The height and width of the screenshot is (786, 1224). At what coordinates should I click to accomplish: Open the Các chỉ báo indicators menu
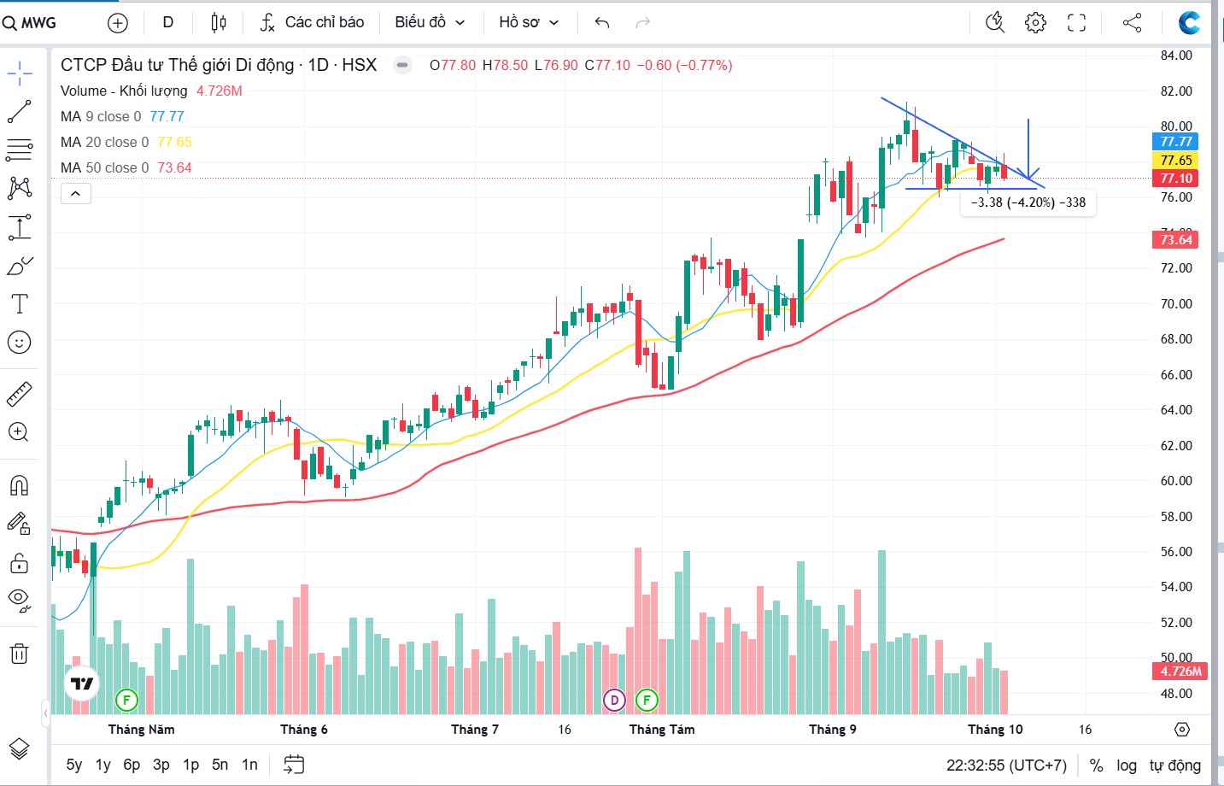pos(313,22)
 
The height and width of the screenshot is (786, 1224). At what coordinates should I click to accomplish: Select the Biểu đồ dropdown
pos(430,22)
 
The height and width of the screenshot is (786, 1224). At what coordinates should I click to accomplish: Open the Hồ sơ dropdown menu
pos(529,22)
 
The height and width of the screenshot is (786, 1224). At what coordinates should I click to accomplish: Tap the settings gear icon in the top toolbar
pos(1035,23)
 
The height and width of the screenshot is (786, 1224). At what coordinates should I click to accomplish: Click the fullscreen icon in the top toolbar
pos(1076,23)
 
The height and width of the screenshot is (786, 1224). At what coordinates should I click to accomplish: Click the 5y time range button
pos(74,765)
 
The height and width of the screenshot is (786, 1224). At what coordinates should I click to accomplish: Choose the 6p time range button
pos(132,765)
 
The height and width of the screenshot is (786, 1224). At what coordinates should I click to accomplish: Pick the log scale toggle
pos(1127,765)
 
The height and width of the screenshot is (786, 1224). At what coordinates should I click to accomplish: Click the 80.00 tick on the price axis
pos(1176,126)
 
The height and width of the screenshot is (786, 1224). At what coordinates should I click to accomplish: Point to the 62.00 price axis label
pos(1176,445)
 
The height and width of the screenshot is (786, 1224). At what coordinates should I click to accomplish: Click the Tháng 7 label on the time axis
pos(475,730)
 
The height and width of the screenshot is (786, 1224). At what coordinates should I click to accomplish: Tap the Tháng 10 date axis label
pos(995,730)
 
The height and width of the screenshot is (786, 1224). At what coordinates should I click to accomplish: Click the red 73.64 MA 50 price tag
pos(1176,240)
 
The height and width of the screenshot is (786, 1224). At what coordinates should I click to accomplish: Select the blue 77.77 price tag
pos(1176,142)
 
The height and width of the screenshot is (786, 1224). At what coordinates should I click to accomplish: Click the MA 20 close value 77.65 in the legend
pos(175,142)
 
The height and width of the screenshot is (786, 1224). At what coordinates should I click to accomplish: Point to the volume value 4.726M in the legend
pos(220,91)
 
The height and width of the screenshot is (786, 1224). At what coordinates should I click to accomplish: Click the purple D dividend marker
pos(614,701)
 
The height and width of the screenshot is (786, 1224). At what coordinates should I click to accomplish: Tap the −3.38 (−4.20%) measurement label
pos(1028,202)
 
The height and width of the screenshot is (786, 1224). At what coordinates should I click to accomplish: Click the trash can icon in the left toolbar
pos(19,654)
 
